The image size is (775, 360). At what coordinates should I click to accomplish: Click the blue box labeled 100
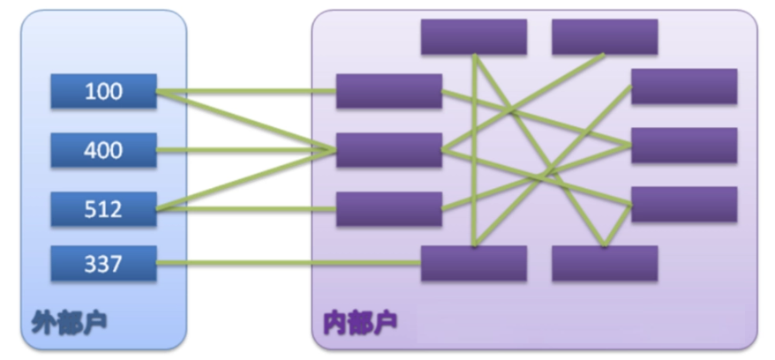[103, 91]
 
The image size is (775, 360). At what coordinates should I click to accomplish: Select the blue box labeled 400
[103, 150]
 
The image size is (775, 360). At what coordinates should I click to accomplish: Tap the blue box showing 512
[103, 209]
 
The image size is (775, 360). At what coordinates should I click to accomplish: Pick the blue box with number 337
[103, 263]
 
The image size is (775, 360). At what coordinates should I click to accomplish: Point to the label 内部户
[361, 321]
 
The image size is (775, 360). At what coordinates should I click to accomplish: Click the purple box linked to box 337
[473, 263]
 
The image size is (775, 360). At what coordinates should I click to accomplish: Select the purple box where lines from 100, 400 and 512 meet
[388, 150]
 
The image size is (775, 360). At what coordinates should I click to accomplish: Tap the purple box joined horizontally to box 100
[388, 91]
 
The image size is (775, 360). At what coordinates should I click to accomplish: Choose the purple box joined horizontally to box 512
[388, 209]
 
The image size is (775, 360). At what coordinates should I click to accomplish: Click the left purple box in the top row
[473, 36]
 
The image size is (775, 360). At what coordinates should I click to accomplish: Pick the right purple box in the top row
[605, 36]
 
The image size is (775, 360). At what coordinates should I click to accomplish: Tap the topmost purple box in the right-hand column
[684, 86]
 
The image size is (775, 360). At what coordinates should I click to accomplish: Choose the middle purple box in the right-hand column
[684, 145]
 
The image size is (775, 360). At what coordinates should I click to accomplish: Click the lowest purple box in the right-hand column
[684, 204]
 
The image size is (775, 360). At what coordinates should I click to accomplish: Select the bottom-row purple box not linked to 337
[605, 263]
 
